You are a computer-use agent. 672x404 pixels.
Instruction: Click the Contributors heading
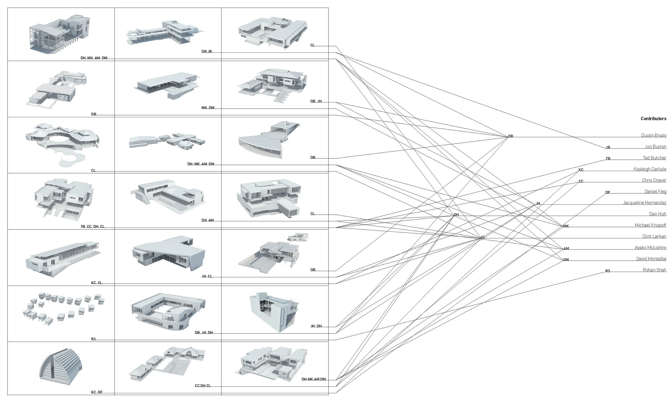[653, 118]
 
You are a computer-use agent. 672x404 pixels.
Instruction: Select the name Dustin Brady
[653, 135]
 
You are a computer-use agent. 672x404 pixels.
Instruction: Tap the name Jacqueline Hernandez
[644, 203]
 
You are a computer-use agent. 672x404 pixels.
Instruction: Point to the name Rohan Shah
[654, 270]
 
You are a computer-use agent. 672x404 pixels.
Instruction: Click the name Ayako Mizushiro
[650, 247]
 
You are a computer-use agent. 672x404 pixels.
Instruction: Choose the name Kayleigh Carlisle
[650, 169]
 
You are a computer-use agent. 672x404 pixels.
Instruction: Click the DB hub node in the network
[510, 136]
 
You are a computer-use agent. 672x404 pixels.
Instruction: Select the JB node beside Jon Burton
[608, 147]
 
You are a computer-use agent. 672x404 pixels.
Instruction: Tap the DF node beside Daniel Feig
[607, 192]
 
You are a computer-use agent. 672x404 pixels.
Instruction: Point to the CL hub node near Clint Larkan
[483, 237]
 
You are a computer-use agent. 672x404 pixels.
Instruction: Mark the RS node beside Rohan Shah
[607, 271]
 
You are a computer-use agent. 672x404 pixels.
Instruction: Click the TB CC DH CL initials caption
[92, 226]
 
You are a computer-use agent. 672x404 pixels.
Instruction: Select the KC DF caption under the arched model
[96, 392]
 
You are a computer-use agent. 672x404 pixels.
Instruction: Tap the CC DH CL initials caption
[203, 385]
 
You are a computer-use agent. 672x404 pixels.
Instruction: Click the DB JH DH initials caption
[204, 332]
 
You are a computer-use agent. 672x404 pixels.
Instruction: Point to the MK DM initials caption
[208, 108]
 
